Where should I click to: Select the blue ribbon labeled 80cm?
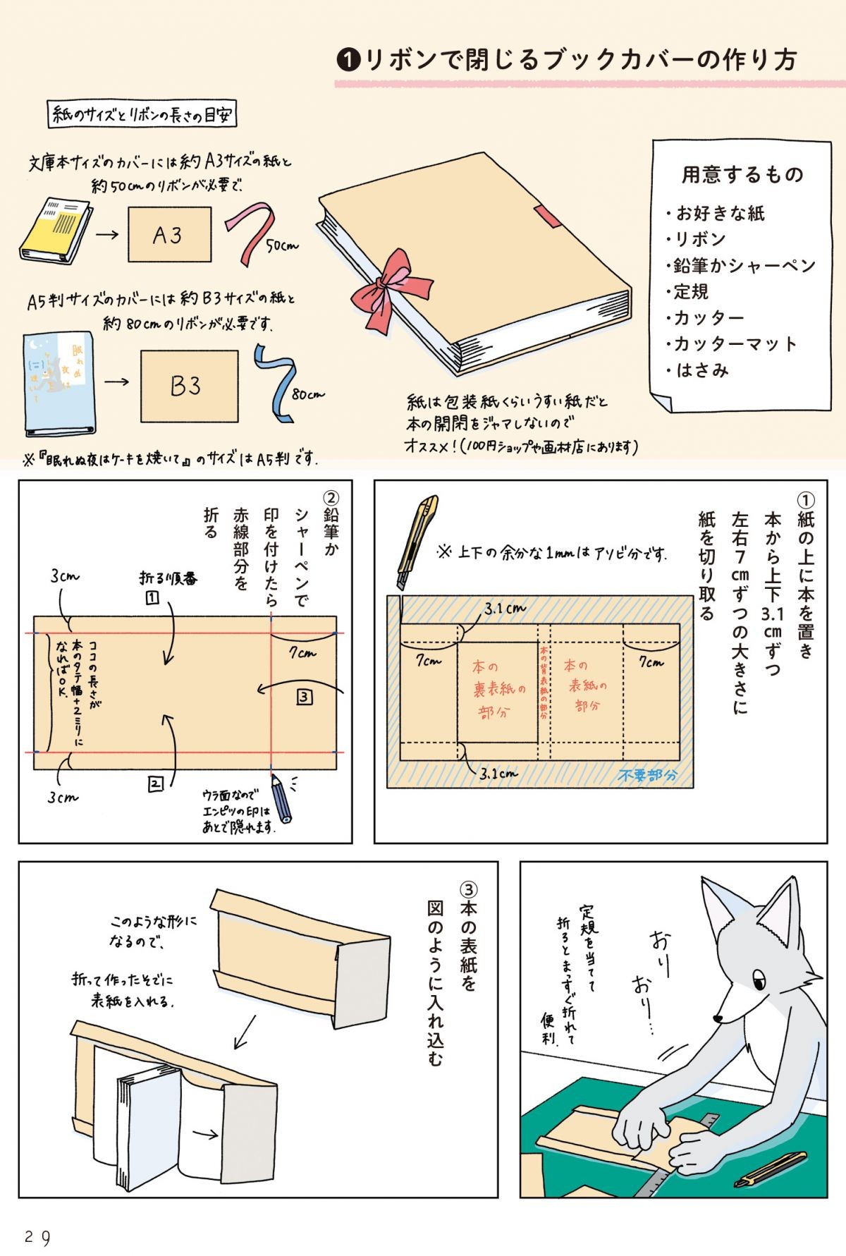pyautogui.click(x=276, y=382)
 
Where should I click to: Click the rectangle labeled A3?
pyautogui.click(x=169, y=235)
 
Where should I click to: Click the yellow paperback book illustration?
pyautogui.click(x=55, y=233)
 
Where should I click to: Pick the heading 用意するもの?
pyautogui.click(x=742, y=174)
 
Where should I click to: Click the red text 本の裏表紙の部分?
pyautogui.click(x=498, y=689)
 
